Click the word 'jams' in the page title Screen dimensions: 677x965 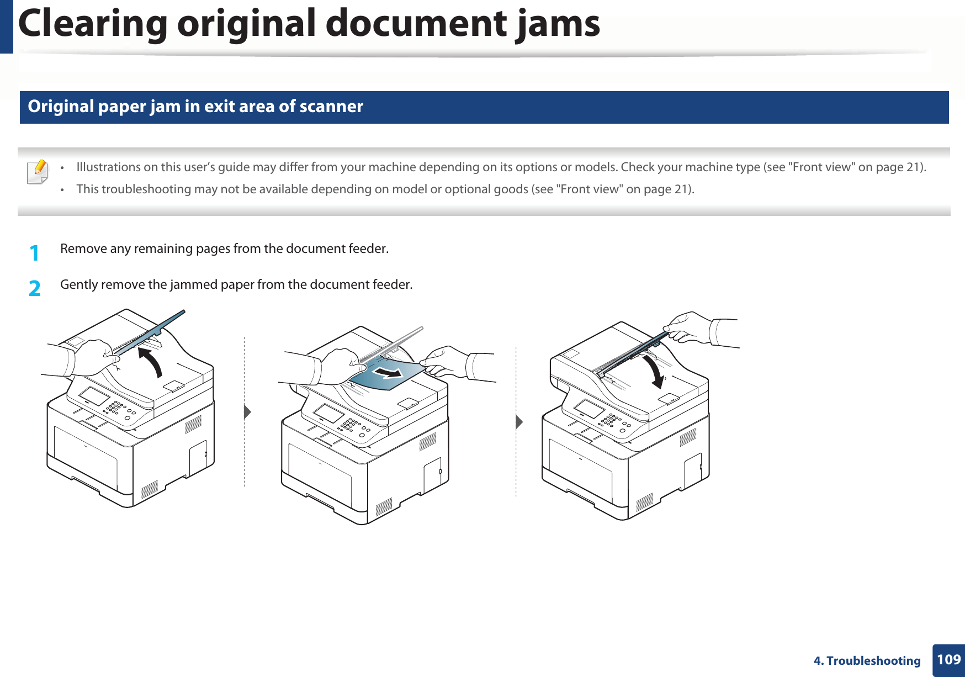[558, 24]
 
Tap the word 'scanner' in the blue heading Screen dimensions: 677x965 [331, 106]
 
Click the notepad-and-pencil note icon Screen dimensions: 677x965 [38, 172]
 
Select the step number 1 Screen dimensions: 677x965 [34, 253]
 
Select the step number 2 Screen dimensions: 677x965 [34, 288]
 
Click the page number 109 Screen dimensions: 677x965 [948, 659]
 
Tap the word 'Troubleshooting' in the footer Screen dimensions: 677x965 [873, 660]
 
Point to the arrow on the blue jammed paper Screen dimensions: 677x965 [388, 373]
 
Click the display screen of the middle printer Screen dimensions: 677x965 [329, 413]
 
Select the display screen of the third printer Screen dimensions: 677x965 [590, 409]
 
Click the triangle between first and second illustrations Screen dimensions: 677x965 [247, 411]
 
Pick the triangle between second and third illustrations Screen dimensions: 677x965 [519, 422]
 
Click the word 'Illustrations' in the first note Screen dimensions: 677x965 [108, 167]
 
